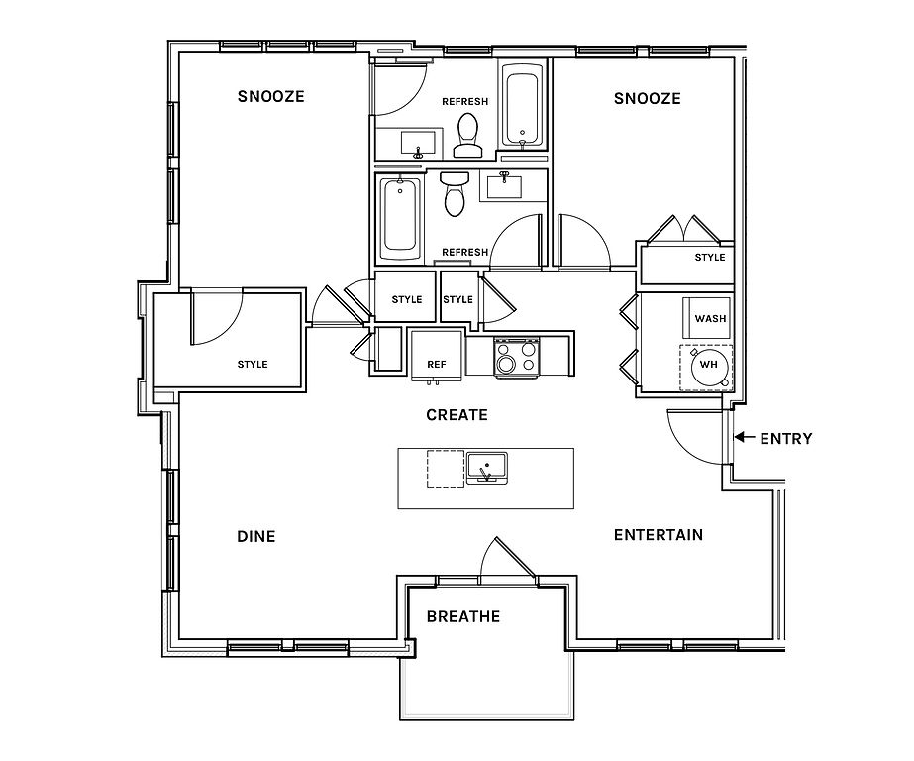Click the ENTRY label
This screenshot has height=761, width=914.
785,439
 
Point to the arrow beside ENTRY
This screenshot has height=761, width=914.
745,437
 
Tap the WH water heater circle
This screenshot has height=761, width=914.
709,365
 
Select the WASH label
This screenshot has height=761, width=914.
710,319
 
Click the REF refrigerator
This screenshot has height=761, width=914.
437,356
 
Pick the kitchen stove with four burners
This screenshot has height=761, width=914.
517,357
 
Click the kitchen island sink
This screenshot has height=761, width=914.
487,468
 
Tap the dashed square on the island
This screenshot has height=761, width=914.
446,469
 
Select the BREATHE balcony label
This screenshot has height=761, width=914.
463,617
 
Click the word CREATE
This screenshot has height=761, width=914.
457,415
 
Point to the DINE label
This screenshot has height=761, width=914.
255,536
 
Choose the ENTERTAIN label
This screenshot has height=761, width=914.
659,535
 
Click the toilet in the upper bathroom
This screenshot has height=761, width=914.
467,136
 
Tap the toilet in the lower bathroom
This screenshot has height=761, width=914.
456,193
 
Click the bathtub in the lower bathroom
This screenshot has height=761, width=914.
400,219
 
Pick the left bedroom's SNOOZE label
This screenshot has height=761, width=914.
271,96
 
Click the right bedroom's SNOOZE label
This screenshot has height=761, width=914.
647,98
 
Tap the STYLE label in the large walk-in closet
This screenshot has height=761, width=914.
253,365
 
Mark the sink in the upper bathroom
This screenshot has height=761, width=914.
417,144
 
